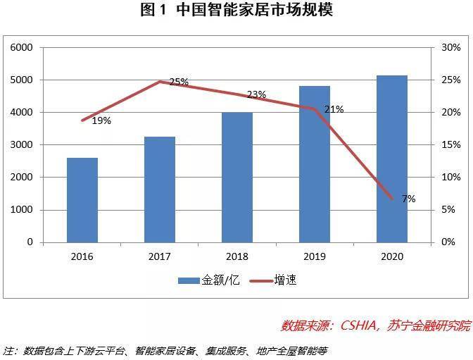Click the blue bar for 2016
[x=82, y=200]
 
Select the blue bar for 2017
[x=160, y=190]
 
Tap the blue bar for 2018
[x=237, y=177]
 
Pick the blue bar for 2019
[x=315, y=164]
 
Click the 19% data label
[x=101, y=120]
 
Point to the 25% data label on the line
[x=179, y=82]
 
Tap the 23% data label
[x=256, y=94]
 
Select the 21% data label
[x=334, y=109]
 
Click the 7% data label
[x=408, y=199]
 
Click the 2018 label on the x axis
[x=237, y=256]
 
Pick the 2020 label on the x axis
[x=392, y=256]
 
